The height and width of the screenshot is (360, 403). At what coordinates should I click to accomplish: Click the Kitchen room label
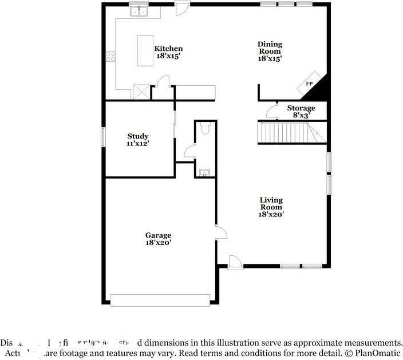(168, 49)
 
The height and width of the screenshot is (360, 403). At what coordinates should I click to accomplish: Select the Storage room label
(301, 108)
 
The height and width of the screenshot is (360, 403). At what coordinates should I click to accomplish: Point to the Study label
(138, 136)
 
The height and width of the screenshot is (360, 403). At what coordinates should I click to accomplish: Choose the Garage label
(158, 235)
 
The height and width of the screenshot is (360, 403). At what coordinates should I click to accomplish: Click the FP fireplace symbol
(309, 84)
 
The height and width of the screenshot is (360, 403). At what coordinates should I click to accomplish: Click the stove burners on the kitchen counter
(110, 56)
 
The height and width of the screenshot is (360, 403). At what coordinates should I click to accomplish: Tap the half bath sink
(203, 172)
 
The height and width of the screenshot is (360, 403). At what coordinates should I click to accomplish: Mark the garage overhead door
(160, 300)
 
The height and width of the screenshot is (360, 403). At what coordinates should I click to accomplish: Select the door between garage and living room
(221, 232)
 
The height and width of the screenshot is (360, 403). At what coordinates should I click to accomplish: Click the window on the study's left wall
(104, 137)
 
